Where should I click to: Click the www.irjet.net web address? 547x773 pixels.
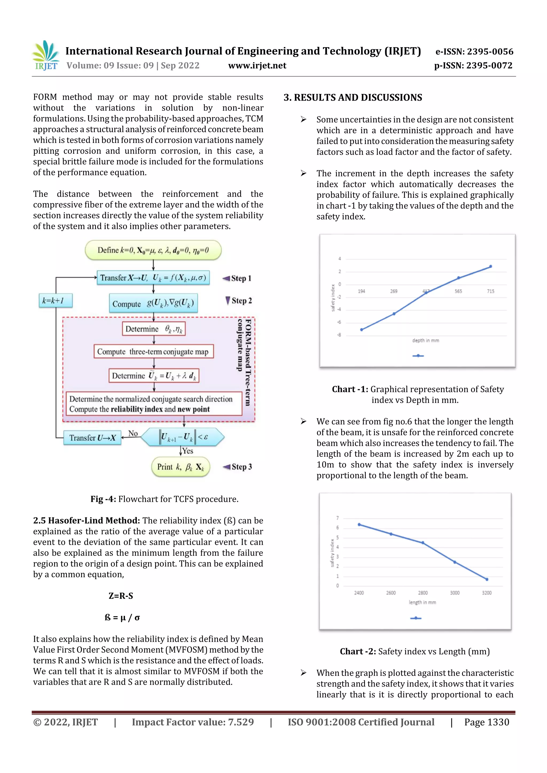[x=257, y=66]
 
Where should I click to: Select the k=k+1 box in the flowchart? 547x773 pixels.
[x=55, y=300]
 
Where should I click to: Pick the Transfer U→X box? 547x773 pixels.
[x=92, y=438]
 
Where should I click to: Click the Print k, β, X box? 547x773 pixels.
[x=181, y=467]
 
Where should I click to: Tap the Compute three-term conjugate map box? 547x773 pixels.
[x=153, y=351]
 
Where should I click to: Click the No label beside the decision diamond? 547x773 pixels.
[x=133, y=433]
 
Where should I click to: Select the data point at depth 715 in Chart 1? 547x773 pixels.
[x=490, y=266]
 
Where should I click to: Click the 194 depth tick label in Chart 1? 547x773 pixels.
[x=361, y=291]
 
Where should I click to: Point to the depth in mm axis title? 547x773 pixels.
[x=425, y=340]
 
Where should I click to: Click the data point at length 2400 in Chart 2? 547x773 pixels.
[x=359, y=525]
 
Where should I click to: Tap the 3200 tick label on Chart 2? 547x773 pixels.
[x=486, y=593]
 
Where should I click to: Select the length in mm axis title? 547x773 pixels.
[x=422, y=602]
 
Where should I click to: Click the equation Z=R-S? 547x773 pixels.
[x=121, y=596]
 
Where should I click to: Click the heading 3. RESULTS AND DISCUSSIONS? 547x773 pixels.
[x=353, y=98]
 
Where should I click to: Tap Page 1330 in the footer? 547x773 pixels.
[x=486, y=722]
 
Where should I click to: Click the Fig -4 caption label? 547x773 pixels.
[x=103, y=499]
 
